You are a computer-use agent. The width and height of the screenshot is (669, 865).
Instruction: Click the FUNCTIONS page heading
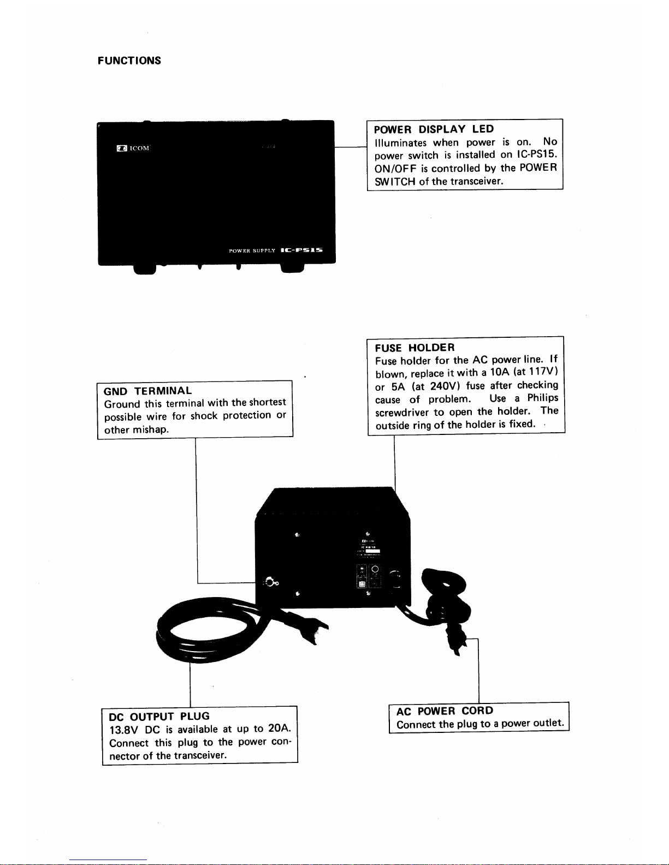(x=129, y=61)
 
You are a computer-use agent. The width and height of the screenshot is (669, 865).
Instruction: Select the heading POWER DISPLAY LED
(x=434, y=129)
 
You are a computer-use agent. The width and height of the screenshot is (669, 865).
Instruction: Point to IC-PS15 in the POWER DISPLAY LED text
(x=536, y=155)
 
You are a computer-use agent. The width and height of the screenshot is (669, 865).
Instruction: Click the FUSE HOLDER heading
(x=415, y=348)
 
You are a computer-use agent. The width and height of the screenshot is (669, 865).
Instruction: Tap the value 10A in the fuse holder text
(x=499, y=373)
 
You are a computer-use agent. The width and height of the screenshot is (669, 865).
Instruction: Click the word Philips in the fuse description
(x=542, y=398)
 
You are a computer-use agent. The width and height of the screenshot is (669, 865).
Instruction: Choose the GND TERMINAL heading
(x=147, y=391)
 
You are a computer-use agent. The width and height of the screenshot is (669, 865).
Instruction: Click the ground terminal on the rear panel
(x=270, y=582)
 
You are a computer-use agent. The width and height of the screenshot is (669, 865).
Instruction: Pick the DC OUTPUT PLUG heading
(x=159, y=717)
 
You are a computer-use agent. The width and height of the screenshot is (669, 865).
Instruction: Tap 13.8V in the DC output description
(x=123, y=730)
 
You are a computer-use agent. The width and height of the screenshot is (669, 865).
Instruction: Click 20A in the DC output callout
(x=280, y=729)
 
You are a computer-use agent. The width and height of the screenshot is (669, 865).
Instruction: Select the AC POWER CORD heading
(x=445, y=711)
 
